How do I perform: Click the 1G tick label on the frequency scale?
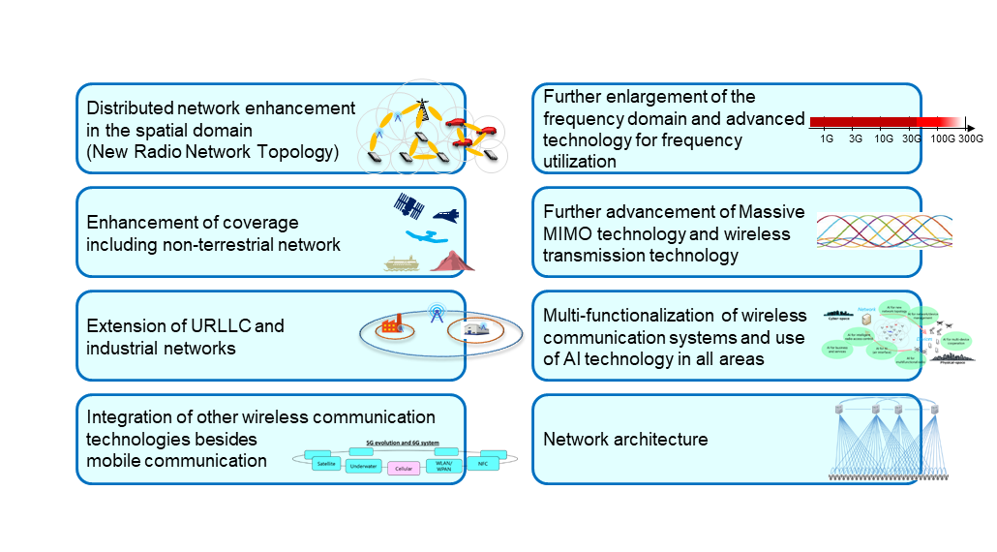[x=827, y=138]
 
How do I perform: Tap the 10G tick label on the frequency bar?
[x=883, y=138]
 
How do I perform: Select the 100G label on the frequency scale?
[x=941, y=138]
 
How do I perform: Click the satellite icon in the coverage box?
[x=408, y=205]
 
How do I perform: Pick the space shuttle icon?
[x=443, y=215]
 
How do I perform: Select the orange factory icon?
[x=392, y=325]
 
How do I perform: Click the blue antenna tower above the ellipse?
[x=436, y=315]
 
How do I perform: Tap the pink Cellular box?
[x=407, y=469]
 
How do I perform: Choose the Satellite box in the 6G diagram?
[x=326, y=463]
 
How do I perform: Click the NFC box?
[x=484, y=463]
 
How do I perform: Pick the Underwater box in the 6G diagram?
[x=364, y=466]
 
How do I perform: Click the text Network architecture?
[x=625, y=439]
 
